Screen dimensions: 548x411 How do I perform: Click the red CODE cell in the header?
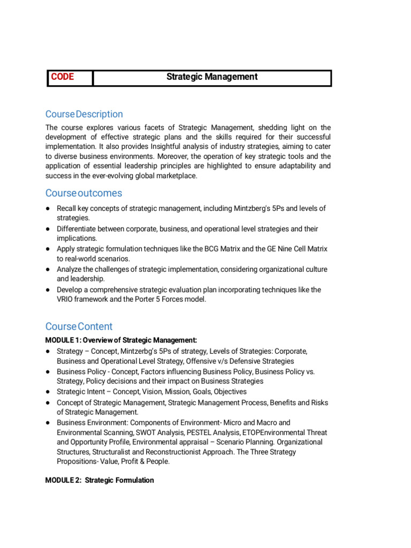pyautogui.click(x=63, y=77)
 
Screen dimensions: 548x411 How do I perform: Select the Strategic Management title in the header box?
pyautogui.click(x=211, y=77)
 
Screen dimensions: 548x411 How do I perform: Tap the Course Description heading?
pyautogui.click(x=84, y=114)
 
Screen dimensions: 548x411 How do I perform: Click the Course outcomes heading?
pyautogui.click(x=83, y=193)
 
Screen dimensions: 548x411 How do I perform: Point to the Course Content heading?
pyautogui.click(x=79, y=326)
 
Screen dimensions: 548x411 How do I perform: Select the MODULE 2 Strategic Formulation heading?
pyautogui.click(x=100, y=480)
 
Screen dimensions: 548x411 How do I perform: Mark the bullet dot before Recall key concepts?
pyautogui.click(x=48, y=208)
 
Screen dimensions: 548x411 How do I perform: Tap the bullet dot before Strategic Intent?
pyautogui.click(x=48, y=392)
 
